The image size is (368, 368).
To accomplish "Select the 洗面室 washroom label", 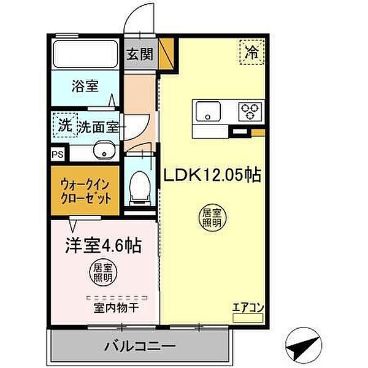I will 98,127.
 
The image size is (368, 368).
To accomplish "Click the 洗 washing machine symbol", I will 64,126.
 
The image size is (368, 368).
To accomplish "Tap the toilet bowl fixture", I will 141,182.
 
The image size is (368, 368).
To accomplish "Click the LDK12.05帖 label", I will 212,175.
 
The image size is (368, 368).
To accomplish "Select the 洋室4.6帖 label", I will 104,247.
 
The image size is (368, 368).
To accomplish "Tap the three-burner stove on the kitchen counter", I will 250,111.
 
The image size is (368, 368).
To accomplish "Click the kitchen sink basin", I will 207,111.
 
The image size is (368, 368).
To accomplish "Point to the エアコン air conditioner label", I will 248,309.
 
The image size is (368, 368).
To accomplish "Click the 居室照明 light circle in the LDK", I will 213,218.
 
